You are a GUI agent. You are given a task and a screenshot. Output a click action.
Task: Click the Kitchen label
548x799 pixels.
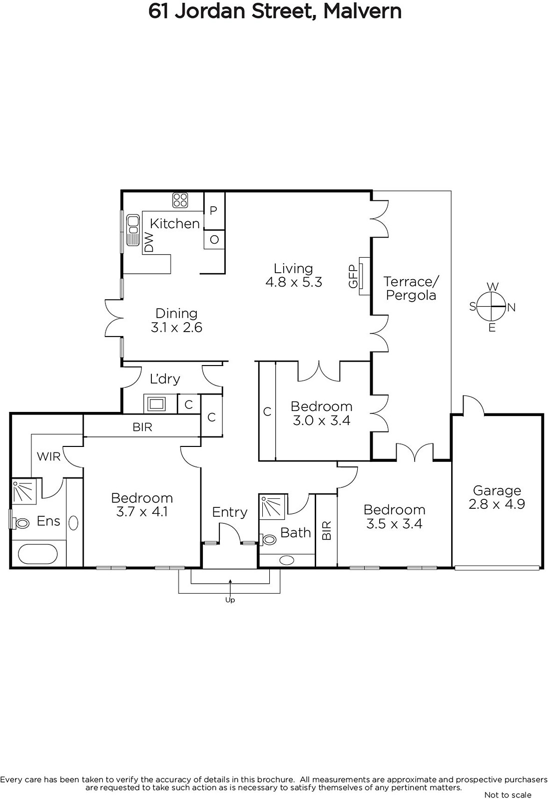pos(174,224)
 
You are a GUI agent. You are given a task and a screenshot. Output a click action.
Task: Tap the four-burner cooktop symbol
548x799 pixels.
pos(180,200)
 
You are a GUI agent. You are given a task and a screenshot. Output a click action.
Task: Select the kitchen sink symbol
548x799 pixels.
pos(133,230)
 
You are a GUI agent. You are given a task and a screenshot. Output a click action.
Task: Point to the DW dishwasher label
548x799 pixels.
pos(149,242)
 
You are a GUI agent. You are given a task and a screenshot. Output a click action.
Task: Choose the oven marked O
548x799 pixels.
pos(214,239)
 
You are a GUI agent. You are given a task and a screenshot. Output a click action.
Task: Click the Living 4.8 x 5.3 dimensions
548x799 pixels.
pos(294,282)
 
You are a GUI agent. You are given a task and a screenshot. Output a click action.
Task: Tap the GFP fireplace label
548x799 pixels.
pos(353,276)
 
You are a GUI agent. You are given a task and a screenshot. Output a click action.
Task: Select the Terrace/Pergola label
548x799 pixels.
pos(411,288)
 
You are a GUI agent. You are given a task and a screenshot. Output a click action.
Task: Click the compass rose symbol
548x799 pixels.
pos(492,307)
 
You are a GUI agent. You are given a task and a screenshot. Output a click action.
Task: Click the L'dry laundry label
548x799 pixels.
pos(165,379)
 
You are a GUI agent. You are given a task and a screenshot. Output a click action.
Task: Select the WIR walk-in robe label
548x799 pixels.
pos(49,456)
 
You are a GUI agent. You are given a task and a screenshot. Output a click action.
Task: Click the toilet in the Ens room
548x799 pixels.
pos(20,523)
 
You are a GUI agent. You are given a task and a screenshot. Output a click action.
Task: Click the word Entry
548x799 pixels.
pos(230,512)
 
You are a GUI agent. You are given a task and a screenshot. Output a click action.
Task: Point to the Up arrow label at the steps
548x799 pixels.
pos(230,600)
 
